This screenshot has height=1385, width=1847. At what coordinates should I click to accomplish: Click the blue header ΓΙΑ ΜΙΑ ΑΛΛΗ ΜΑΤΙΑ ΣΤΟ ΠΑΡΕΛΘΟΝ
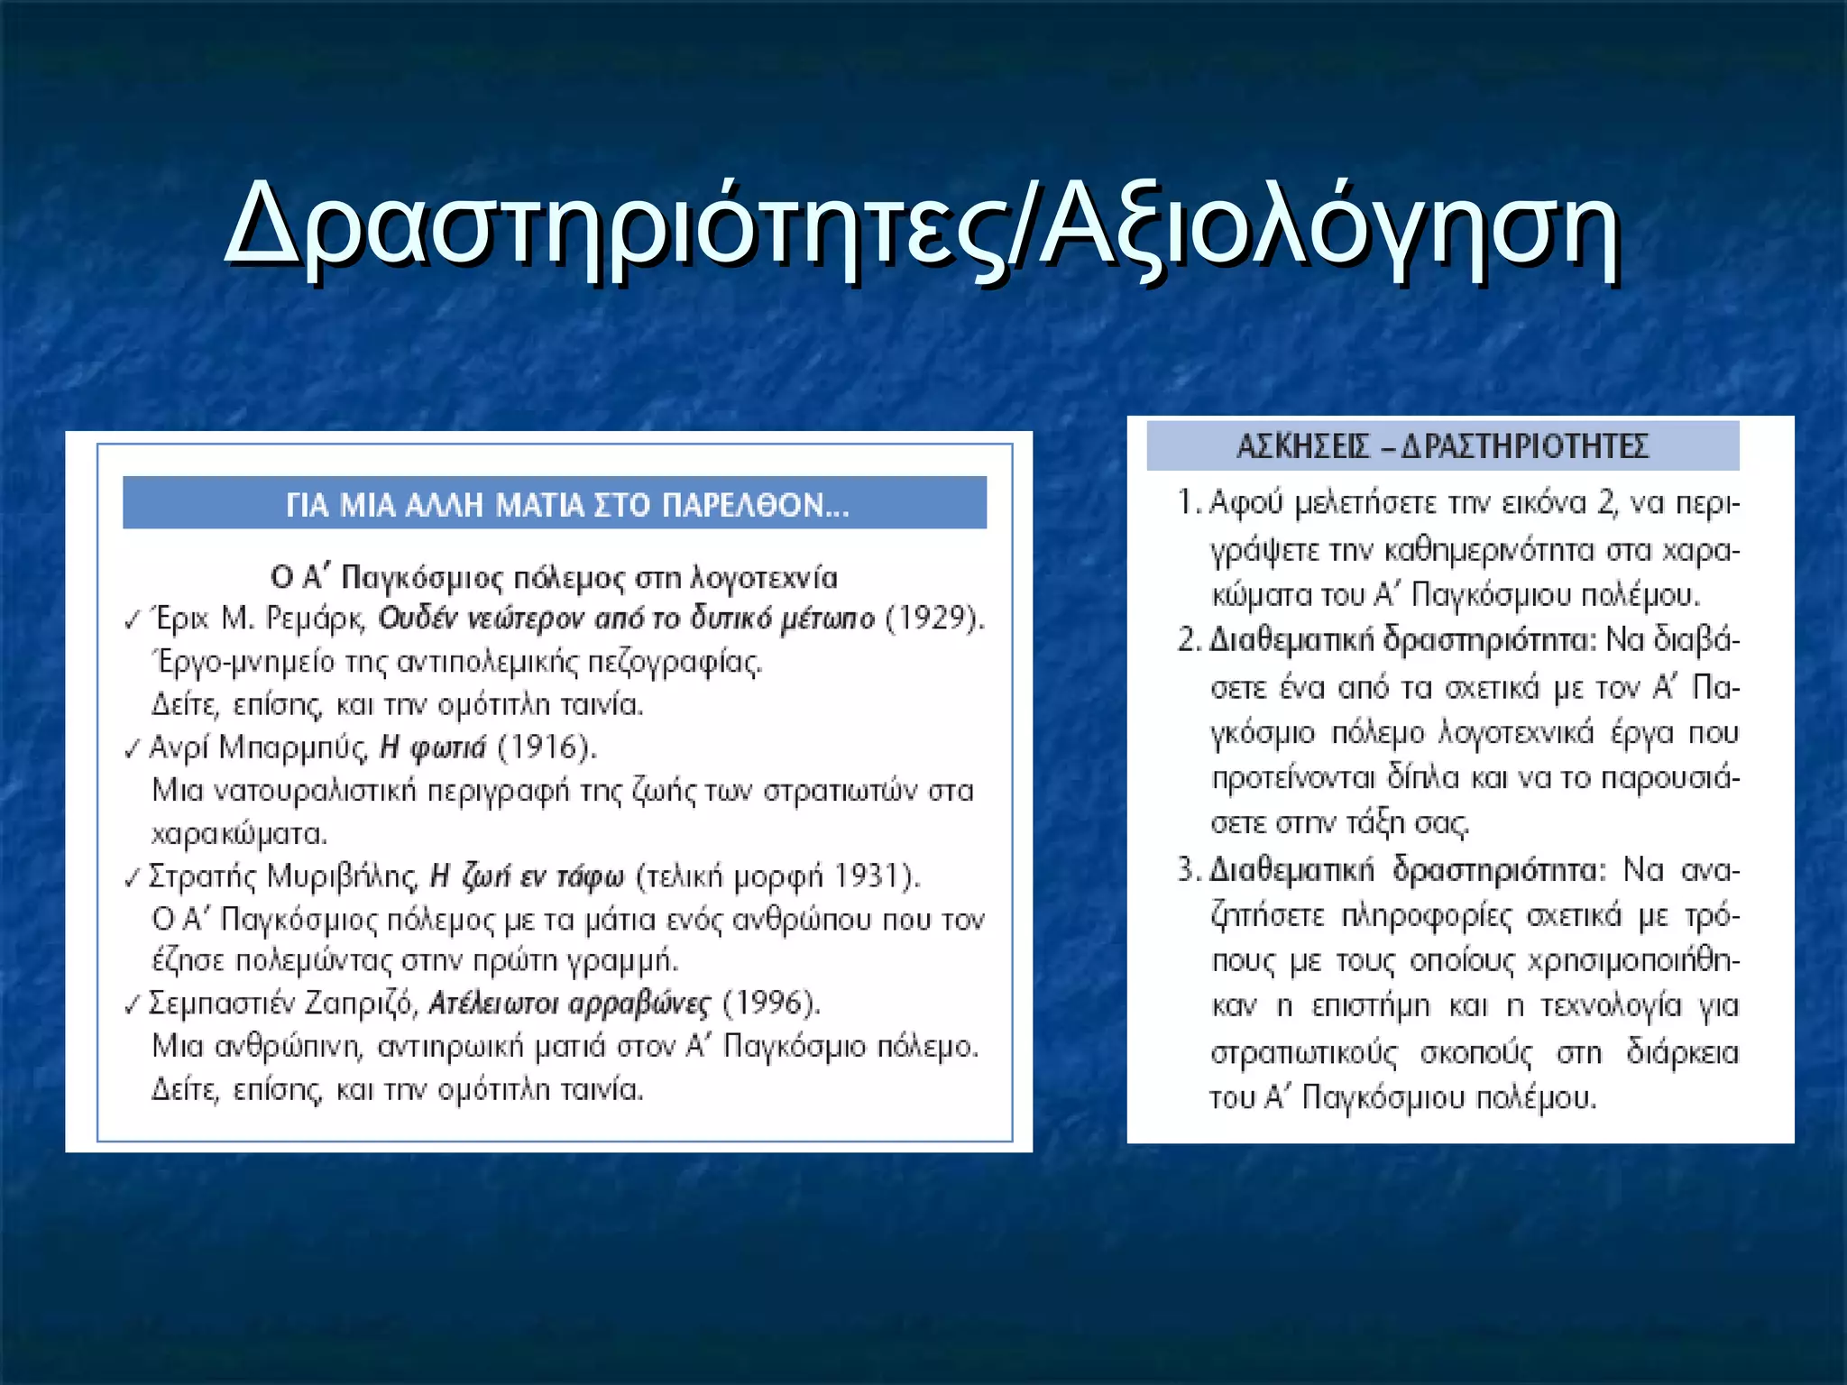tap(566, 504)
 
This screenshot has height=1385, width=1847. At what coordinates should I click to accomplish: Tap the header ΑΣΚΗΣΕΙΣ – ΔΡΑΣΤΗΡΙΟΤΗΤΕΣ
tap(1441, 445)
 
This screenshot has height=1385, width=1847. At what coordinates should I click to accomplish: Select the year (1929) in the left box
tap(935, 619)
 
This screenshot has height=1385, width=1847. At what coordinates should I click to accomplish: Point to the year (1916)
tap(547, 748)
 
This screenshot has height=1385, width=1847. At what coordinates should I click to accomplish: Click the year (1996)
tap(772, 1003)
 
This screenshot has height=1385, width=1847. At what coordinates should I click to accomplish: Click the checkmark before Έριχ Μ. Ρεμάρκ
tap(133, 620)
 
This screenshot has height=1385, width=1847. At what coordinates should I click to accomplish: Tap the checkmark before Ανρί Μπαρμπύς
tap(133, 749)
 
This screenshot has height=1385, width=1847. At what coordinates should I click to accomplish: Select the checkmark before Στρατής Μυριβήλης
tap(133, 878)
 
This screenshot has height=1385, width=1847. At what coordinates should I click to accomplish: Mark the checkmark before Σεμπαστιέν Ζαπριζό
tap(133, 1004)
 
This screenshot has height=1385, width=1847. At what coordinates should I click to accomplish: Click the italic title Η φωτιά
tap(433, 748)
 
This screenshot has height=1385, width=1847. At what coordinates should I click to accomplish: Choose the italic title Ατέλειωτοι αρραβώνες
tap(569, 1003)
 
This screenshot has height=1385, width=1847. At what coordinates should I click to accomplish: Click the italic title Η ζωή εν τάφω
tap(527, 876)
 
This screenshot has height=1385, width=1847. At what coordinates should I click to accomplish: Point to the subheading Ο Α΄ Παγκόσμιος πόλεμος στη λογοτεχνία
tap(554, 577)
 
